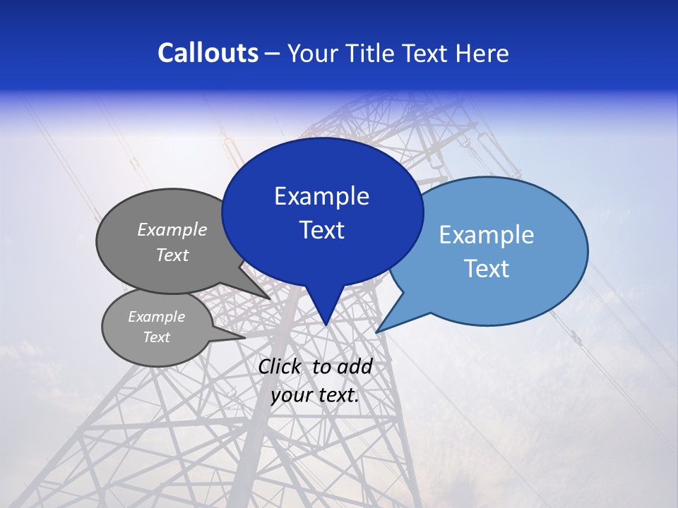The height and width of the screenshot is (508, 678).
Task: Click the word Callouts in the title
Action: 208,53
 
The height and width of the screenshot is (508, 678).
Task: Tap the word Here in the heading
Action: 482,53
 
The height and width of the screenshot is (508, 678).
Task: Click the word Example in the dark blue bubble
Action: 321,196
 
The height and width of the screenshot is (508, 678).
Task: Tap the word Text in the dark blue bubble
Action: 321,230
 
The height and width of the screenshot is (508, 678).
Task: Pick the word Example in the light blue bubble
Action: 487,235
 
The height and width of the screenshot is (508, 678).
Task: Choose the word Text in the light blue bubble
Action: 487,269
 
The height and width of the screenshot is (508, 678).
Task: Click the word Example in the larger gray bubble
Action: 172,230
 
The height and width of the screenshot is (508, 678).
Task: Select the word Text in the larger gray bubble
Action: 172,255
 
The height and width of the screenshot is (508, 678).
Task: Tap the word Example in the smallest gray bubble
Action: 156,317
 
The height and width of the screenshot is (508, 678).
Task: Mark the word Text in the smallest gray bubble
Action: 156,337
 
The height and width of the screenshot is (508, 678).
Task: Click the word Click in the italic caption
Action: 280,366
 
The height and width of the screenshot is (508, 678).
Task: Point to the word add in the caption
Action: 354,366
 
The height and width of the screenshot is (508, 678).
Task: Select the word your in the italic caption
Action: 290,396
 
